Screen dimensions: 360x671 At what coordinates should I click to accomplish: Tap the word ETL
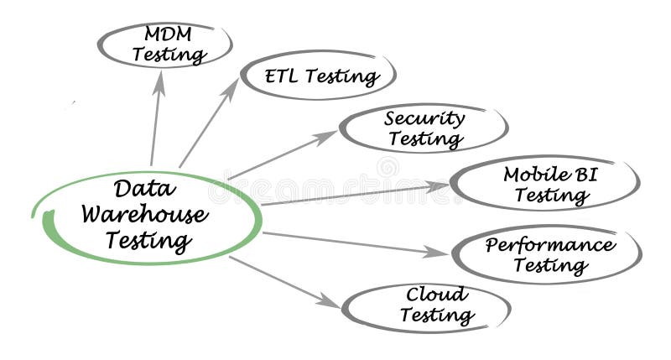pyautogui.click(x=282, y=76)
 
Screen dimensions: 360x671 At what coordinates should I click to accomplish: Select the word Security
pyautogui.click(x=424, y=118)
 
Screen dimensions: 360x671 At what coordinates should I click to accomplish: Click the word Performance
pyautogui.click(x=550, y=245)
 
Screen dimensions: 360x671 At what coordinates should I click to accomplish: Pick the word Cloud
pyautogui.click(x=436, y=295)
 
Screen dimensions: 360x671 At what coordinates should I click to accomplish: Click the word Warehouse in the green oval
pyautogui.click(x=144, y=214)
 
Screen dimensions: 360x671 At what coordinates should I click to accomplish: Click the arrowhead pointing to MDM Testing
pyautogui.click(x=159, y=81)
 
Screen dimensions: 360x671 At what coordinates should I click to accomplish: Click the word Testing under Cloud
pyautogui.click(x=437, y=316)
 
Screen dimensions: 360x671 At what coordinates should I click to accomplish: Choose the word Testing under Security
pyautogui.click(x=426, y=139)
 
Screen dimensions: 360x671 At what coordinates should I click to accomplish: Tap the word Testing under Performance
pyautogui.click(x=549, y=266)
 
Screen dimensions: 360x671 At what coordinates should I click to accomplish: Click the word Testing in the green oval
pyautogui.click(x=148, y=241)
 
